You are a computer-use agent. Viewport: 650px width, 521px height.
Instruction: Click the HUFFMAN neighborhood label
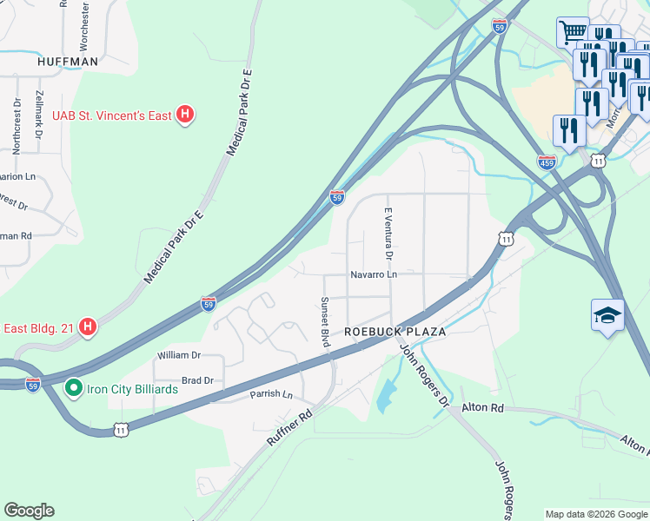pyautogui.click(x=67, y=63)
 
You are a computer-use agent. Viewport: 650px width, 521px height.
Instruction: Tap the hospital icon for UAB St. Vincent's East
pyautogui.click(x=184, y=114)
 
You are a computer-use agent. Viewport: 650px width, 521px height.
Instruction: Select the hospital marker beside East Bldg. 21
pyautogui.click(x=88, y=326)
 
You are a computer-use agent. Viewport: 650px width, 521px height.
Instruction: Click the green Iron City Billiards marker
pyautogui.click(x=73, y=388)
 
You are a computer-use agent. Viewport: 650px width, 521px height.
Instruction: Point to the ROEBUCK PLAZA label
pyautogui.click(x=395, y=332)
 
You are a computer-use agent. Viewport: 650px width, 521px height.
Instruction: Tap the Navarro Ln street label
pyautogui.click(x=374, y=274)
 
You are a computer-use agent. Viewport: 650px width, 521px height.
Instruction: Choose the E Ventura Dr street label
pyautogui.click(x=388, y=233)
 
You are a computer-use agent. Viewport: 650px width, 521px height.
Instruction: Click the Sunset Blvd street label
pyautogui.click(x=325, y=322)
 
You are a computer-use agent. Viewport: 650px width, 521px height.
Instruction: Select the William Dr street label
pyautogui.click(x=178, y=355)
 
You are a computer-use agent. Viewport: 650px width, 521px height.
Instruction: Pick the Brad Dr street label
pyautogui.click(x=197, y=380)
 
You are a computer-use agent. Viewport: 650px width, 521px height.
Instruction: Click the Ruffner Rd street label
pyautogui.click(x=289, y=430)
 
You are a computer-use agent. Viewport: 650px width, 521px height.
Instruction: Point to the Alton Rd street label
pyautogui.click(x=483, y=406)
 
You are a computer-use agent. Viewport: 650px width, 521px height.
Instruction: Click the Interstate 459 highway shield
pyautogui.click(x=547, y=162)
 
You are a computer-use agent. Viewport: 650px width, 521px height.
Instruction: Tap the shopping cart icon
pyautogui.click(x=572, y=32)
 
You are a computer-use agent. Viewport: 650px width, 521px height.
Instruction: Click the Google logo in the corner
pyautogui.click(x=29, y=511)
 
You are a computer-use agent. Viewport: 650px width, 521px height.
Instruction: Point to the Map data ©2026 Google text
pyautogui.click(x=595, y=514)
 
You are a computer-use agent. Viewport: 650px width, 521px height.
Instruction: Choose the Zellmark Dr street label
pyautogui.click(x=39, y=111)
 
